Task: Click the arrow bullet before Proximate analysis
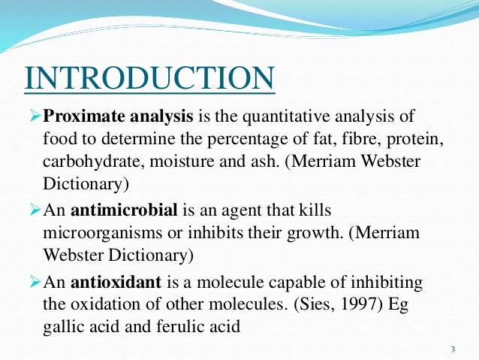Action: (33, 117)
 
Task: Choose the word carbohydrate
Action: (86, 162)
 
